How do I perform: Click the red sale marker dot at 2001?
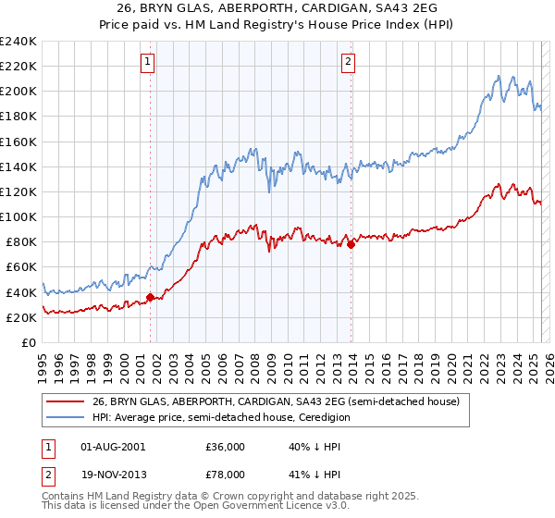click(150, 298)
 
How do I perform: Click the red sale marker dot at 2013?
click(351, 244)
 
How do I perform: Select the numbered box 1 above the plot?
click(148, 62)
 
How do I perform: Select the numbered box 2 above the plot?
click(348, 62)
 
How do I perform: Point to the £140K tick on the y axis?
click(18, 166)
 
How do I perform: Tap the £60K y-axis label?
click(22, 267)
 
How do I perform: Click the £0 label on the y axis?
click(30, 343)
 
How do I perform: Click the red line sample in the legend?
click(66, 401)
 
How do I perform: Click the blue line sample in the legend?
click(66, 417)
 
